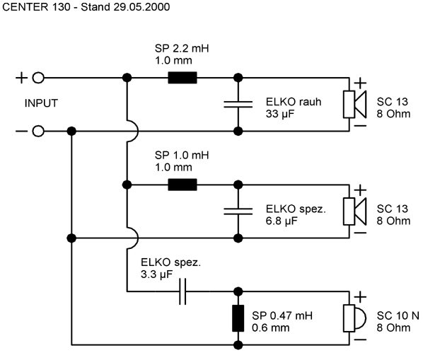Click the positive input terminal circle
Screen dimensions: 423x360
click(38, 78)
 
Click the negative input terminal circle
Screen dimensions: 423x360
click(38, 132)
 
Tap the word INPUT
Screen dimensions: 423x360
click(41, 103)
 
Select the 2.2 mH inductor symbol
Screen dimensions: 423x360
click(182, 78)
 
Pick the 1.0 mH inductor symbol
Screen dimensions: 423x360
click(182, 185)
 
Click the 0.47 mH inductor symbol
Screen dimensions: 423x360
click(238, 318)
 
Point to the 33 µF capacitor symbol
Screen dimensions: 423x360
click(238, 105)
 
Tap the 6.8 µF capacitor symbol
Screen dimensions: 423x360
click(238, 211)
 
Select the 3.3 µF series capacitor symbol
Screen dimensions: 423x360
click(182, 291)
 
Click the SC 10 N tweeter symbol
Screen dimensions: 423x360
click(354, 318)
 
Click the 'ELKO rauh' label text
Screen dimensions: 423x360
click(294, 102)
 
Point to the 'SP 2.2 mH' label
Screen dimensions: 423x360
click(182, 49)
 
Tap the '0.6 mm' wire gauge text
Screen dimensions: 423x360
click(271, 328)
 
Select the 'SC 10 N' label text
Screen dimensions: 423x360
click(398, 315)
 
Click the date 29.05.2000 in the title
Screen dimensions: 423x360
click(141, 7)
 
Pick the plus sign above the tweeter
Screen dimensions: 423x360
click(360, 297)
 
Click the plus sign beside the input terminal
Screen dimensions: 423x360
click(21, 78)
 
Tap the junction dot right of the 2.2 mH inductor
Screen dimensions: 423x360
click(238, 78)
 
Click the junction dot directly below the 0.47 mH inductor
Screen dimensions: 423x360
click(238, 345)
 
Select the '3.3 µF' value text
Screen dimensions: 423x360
click(156, 274)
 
